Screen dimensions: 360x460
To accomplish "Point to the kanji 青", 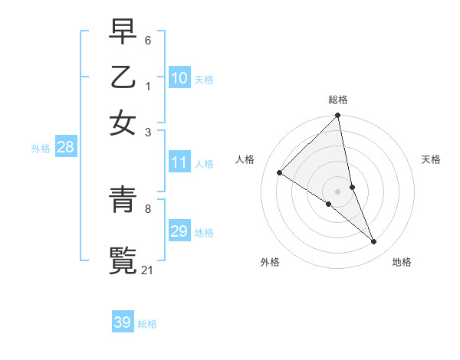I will click(x=123, y=201).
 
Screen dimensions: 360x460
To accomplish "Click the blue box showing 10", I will click(x=179, y=78).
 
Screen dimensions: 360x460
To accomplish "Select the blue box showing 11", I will click(x=179, y=162).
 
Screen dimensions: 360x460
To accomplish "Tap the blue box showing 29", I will click(x=179, y=231).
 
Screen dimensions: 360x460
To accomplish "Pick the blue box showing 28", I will click(x=65, y=148).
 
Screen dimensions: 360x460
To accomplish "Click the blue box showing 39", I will click(x=123, y=322).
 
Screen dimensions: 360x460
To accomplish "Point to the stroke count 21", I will click(x=148, y=270).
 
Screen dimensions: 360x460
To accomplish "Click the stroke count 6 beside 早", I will click(x=149, y=38).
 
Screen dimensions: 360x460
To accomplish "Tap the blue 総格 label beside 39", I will click(x=147, y=324).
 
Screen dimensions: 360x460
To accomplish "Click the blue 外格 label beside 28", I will click(x=41, y=149).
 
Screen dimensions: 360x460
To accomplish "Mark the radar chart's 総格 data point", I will click(x=338, y=116).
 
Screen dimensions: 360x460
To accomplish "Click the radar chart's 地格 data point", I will click(x=374, y=242).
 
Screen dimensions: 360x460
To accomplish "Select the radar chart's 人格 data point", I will click(x=280, y=173).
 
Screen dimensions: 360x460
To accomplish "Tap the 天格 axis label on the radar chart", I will click(x=431, y=159).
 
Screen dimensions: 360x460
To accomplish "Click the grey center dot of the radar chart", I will click(x=338, y=191).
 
